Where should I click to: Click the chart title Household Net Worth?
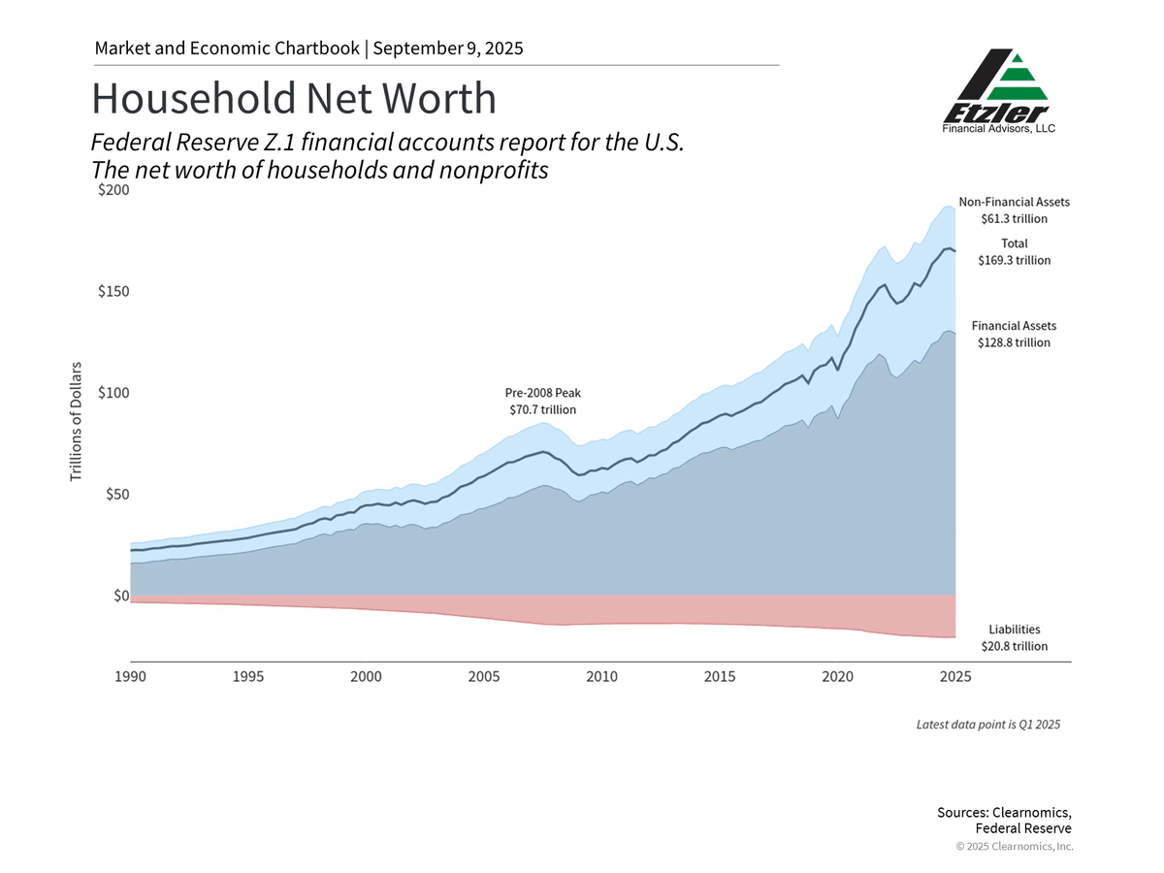(x=293, y=99)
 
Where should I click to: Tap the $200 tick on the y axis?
(x=113, y=191)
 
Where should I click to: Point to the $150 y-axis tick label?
(x=113, y=292)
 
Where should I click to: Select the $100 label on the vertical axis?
(x=113, y=393)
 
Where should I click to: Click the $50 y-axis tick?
(x=116, y=495)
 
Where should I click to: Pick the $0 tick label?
(x=120, y=596)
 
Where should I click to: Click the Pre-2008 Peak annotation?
(x=542, y=402)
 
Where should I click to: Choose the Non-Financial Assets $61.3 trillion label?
(x=1014, y=210)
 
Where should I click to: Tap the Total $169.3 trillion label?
(x=1014, y=252)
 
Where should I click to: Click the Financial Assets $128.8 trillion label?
(x=1014, y=335)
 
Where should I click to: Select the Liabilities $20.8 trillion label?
(x=1014, y=637)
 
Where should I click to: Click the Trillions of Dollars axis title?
(x=76, y=421)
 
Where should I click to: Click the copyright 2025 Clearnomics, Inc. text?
(x=1015, y=847)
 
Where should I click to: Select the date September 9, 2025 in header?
(x=447, y=48)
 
